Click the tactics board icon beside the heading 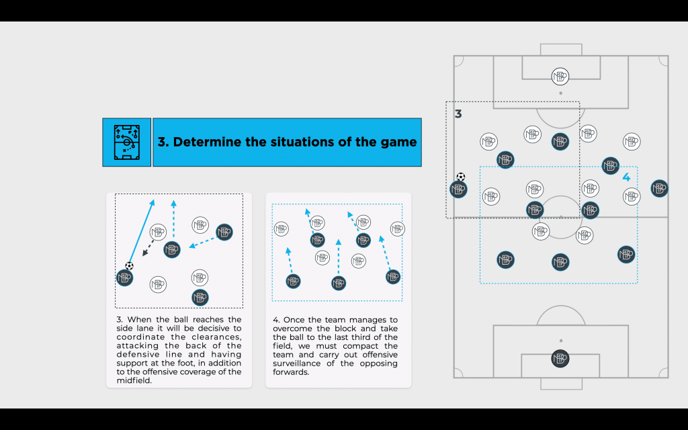(127, 142)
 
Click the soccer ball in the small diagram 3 (129, 266)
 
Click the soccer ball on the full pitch (461, 177)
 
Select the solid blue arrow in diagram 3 (141, 231)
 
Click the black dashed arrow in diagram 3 (148, 248)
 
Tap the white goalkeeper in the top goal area (560, 77)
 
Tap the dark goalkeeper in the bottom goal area (560, 359)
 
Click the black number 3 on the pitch (458, 114)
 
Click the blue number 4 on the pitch (627, 177)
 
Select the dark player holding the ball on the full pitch (458, 189)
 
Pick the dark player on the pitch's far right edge (660, 188)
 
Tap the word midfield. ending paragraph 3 (134, 380)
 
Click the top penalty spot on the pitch (561, 93)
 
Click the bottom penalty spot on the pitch (561, 341)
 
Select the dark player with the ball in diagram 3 (124, 277)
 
